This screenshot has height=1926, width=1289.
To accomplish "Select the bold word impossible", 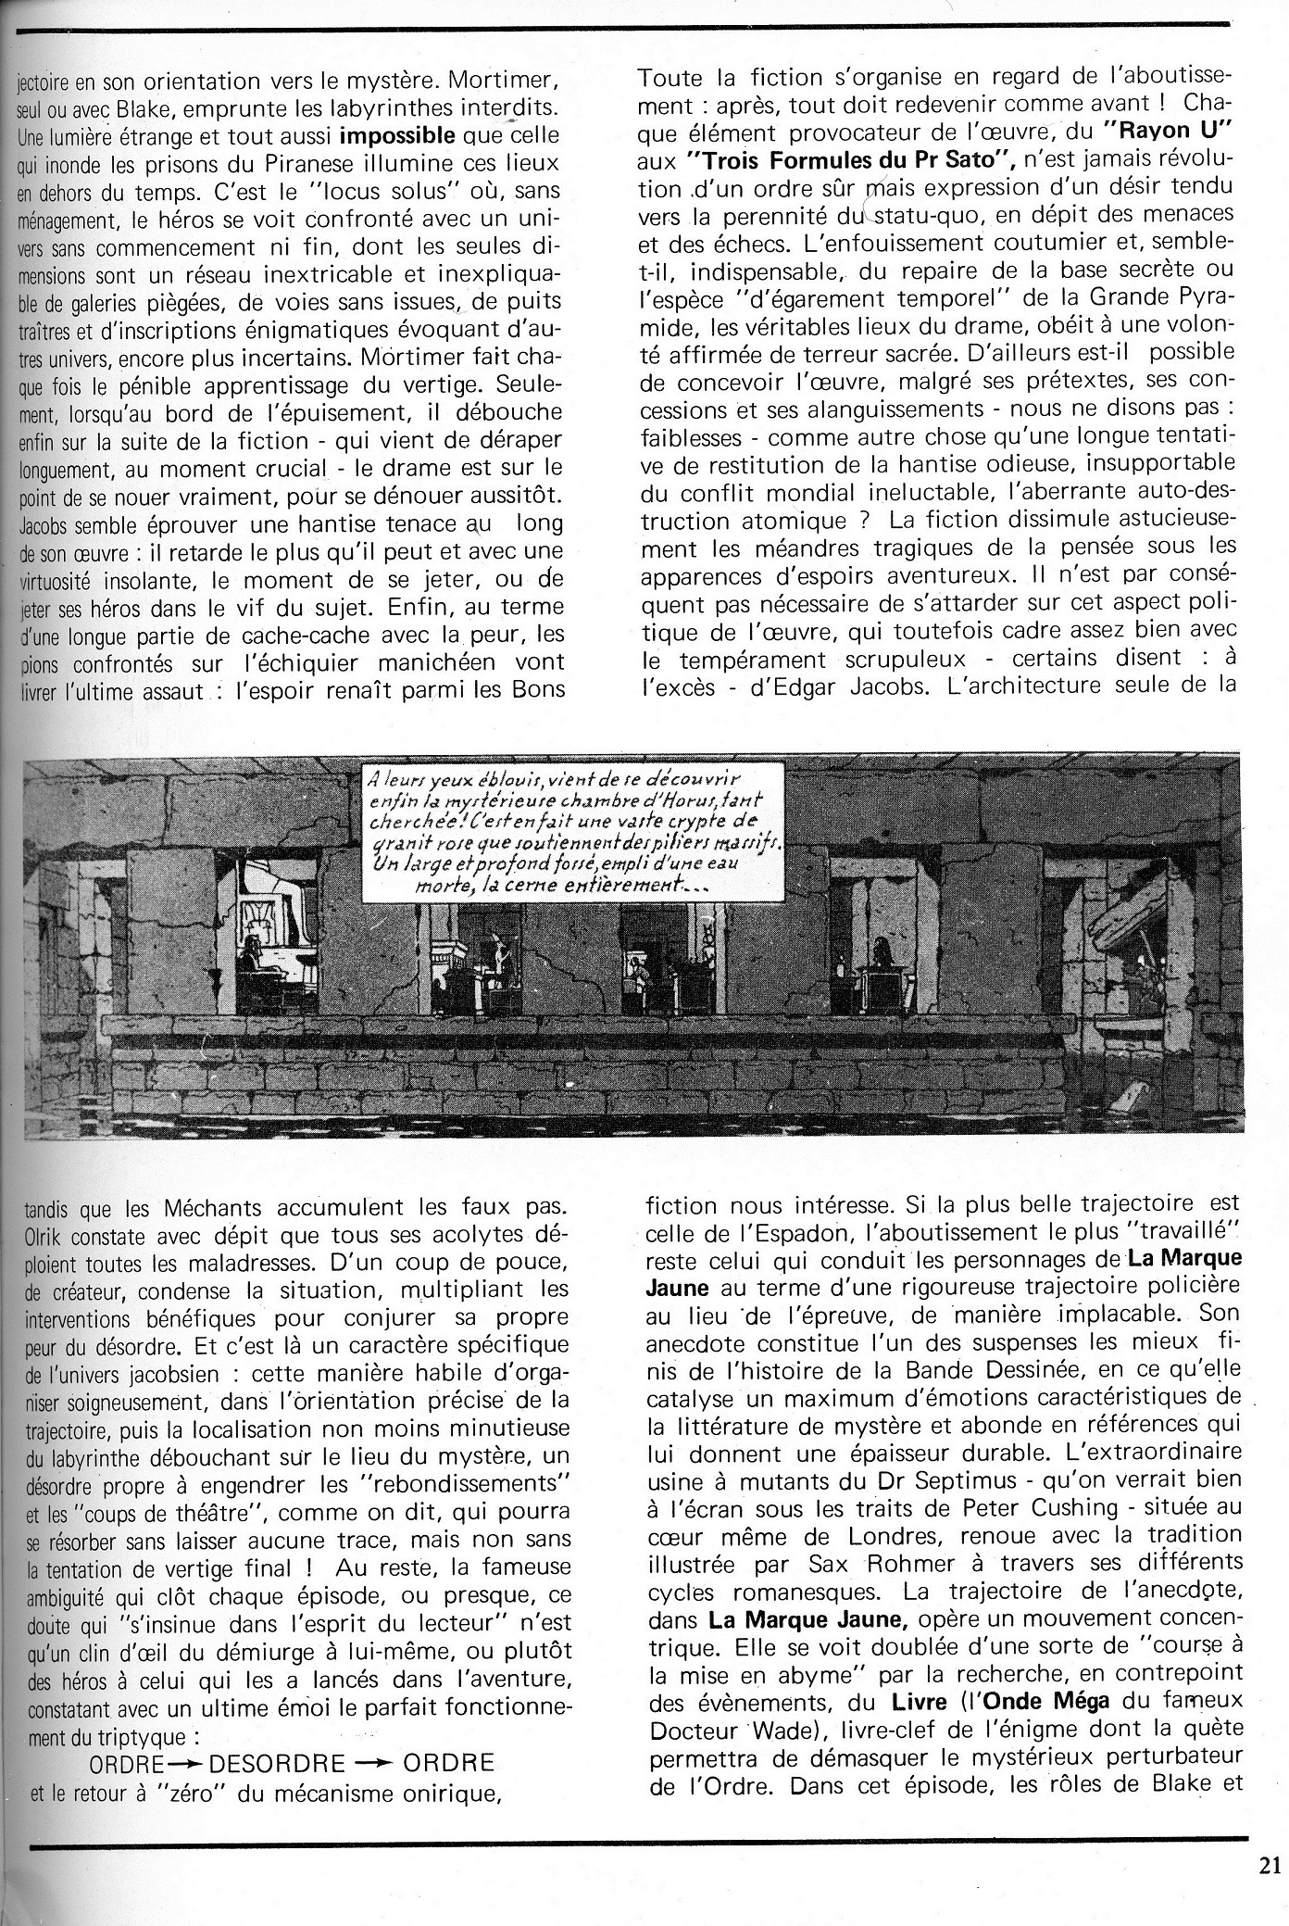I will (398, 135).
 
